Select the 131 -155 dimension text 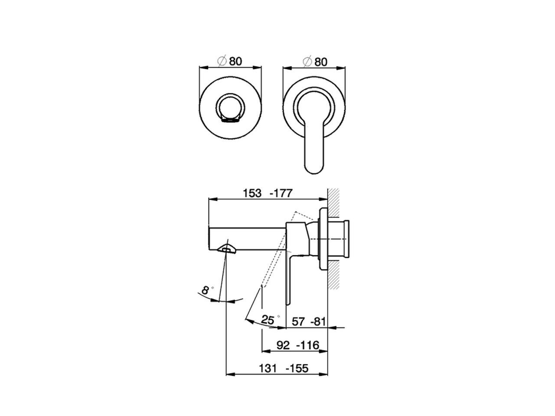pyautogui.click(x=284, y=368)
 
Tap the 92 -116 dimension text pyautogui.click(x=297, y=345)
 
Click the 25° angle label pyautogui.click(x=268, y=320)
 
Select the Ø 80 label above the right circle pyautogui.click(x=315, y=62)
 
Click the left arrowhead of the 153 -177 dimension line pyautogui.click(x=212, y=199)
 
